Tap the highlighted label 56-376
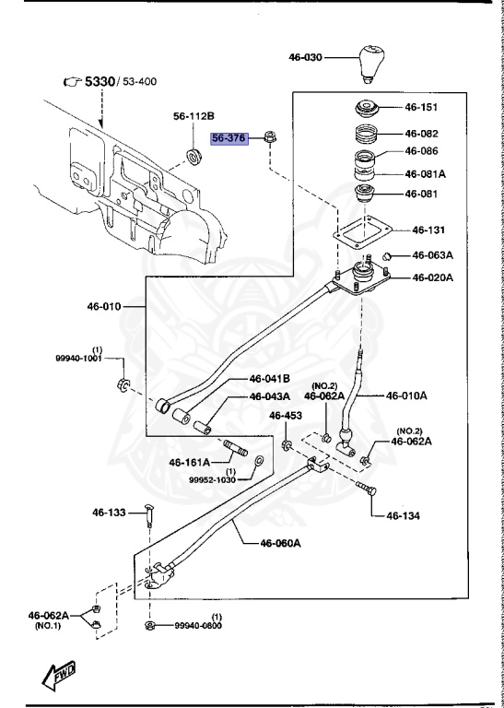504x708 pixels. click(228, 139)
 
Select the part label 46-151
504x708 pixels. click(421, 106)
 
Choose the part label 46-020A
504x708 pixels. click(432, 277)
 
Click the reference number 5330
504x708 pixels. click(100, 82)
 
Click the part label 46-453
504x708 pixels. click(286, 416)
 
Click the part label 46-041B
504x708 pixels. click(269, 379)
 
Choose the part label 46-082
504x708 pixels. click(421, 133)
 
